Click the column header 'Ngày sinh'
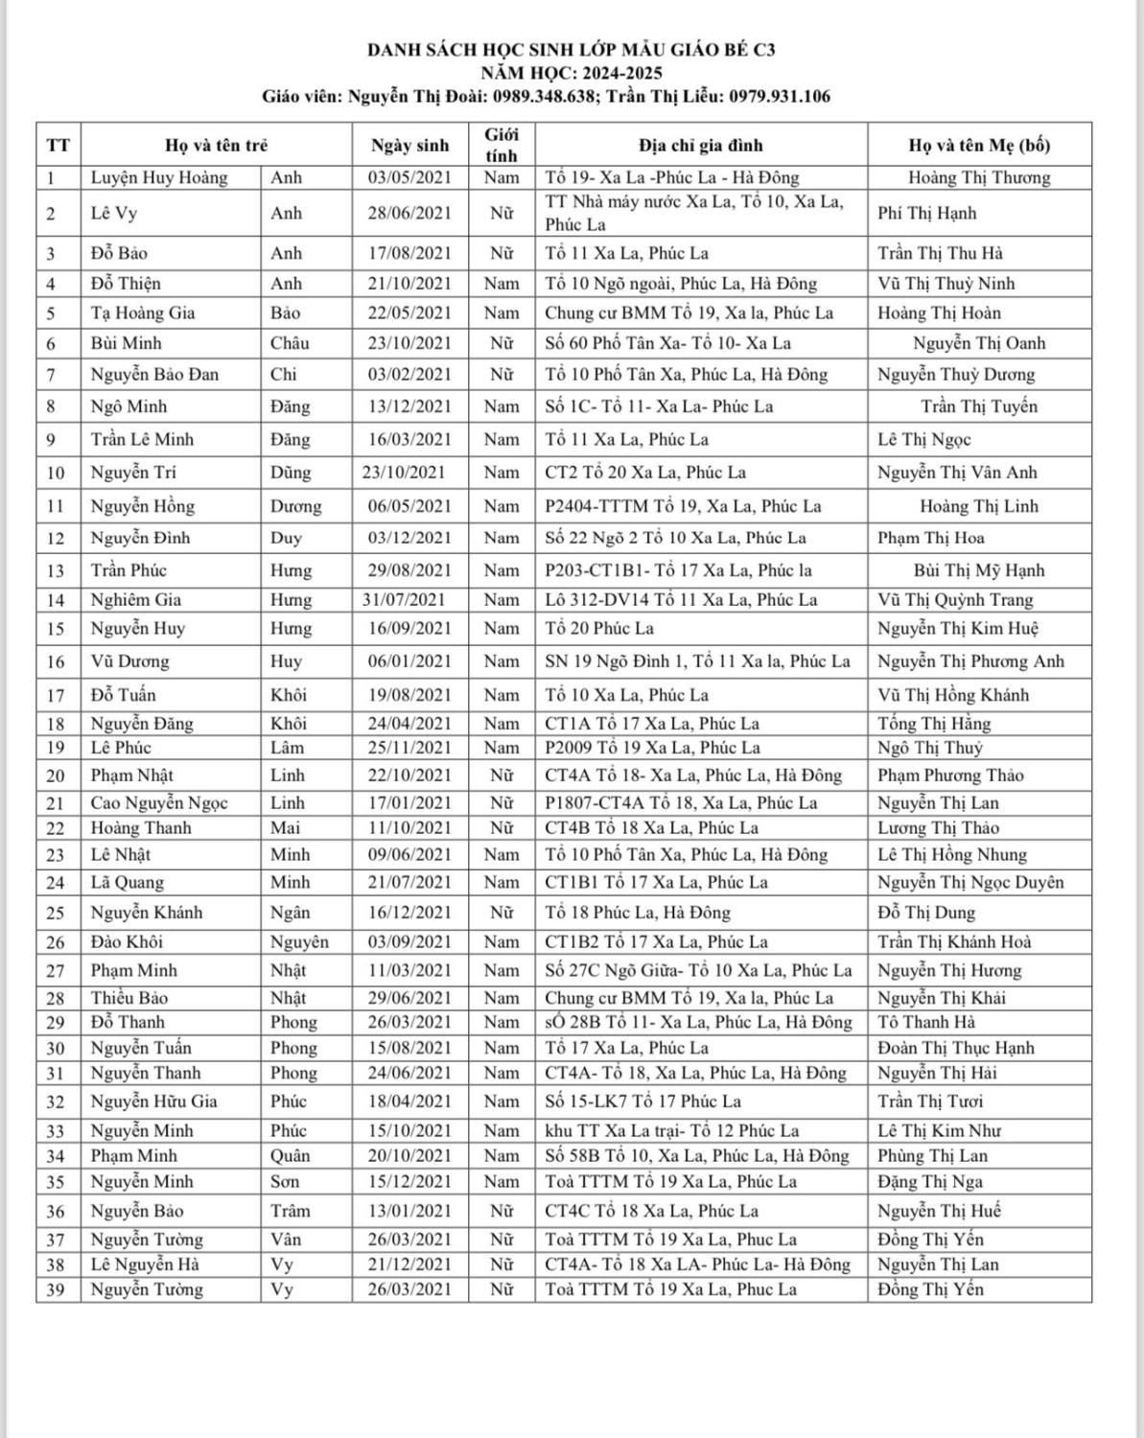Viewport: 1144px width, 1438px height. click(409, 146)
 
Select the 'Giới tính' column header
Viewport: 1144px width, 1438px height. click(501, 145)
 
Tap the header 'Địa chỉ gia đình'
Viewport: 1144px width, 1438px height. click(701, 146)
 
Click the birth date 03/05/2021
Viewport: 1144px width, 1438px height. click(409, 177)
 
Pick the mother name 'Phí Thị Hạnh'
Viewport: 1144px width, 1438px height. click(926, 213)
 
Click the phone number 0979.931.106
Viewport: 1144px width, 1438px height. click(780, 96)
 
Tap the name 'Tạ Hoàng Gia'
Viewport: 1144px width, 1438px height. click(143, 313)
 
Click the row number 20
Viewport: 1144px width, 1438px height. click(56, 776)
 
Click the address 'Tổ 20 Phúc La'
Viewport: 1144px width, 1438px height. click(599, 629)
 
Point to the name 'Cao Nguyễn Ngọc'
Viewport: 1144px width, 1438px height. click(159, 803)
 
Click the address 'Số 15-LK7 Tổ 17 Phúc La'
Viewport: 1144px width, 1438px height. click(642, 1102)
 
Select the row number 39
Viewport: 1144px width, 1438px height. click(56, 1290)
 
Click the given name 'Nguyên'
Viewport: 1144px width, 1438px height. click(299, 942)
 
